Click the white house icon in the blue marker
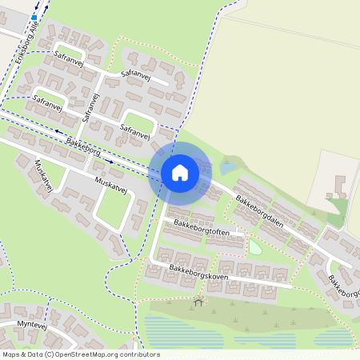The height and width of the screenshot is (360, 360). [179, 172]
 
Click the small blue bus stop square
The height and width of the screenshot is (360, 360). [34, 16]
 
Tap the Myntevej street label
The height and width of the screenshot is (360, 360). [30, 326]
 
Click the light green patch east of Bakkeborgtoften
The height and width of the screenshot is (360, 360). [255, 247]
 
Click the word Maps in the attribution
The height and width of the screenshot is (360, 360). [11, 354]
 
